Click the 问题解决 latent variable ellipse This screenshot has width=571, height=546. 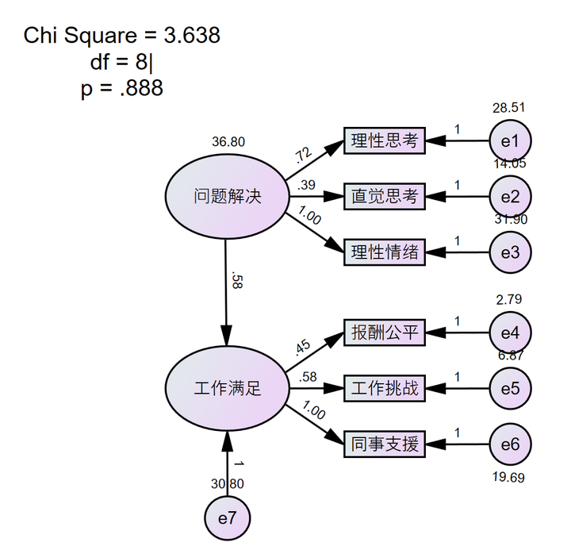pos(227,195)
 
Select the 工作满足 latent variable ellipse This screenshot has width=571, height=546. pos(227,388)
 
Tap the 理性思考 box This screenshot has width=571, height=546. pos(385,141)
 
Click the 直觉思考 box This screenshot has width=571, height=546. pos(385,196)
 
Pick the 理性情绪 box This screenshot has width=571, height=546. pos(385,252)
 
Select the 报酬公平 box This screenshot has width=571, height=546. pos(385,332)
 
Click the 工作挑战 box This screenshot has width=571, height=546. pos(385,388)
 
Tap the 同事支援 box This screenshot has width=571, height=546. pos(385,444)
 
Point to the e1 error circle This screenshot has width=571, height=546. pos(509,141)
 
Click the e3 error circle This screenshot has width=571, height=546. pos(509,252)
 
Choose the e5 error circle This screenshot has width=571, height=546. pos(509,388)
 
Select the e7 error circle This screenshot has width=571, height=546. pos(227,517)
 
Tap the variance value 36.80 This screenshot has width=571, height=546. pos(228,142)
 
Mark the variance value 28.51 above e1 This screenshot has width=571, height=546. pos(508,108)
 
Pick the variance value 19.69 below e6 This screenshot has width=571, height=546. pos(508,477)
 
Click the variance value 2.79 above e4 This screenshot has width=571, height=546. pos(508,299)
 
